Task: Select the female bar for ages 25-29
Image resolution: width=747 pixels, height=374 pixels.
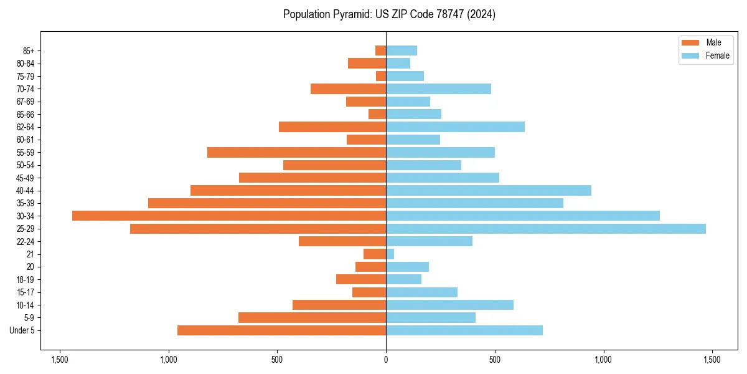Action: click(x=546, y=229)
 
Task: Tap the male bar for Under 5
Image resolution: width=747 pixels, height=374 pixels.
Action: click(x=281, y=330)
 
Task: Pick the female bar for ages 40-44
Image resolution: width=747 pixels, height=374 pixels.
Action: click(x=489, y=190)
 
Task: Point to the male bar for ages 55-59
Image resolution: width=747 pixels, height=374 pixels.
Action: click(x=296, y=152)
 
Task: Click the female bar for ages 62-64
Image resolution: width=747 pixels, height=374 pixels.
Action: click(x=455, y=127)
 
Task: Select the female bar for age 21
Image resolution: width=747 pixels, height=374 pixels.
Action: click(x=390, y=254)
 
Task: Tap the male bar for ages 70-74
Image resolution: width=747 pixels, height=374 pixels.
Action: click(x=348, y=89)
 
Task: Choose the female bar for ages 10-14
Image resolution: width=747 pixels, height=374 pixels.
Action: click(x=449, y=305)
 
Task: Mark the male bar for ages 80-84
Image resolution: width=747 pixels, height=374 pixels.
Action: click(x=367, y=63)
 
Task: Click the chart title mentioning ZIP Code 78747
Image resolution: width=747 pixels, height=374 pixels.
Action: click(x=389, y=14)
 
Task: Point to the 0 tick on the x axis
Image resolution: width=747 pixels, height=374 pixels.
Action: click(x=386, y=360)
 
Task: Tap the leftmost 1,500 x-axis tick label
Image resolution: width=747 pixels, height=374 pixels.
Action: click(x=60, y=360)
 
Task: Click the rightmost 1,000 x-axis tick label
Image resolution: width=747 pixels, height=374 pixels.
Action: click(x=603, y=360)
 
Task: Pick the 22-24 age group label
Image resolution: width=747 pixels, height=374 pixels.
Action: click(x=25, y=241)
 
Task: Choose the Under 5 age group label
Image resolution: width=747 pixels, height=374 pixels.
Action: click(x=22, y=330)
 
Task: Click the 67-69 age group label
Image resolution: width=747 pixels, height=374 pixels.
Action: click(x=25, y=102)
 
